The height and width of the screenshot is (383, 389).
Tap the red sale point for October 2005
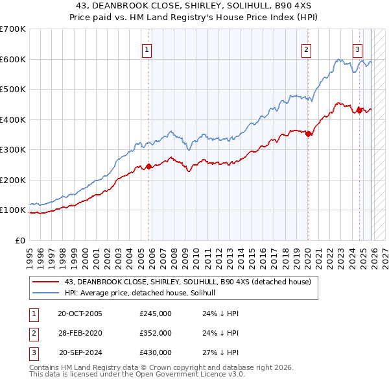[x=149, y=166]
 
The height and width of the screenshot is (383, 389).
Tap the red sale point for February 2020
[x=308, y=134]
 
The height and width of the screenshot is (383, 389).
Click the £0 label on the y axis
[x=19, y=240]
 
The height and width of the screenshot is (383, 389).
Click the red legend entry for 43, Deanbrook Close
[x=188, y=282]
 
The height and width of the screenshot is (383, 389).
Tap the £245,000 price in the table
[x=156, y=314]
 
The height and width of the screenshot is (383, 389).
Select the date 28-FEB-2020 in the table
[x=80, y=333]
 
